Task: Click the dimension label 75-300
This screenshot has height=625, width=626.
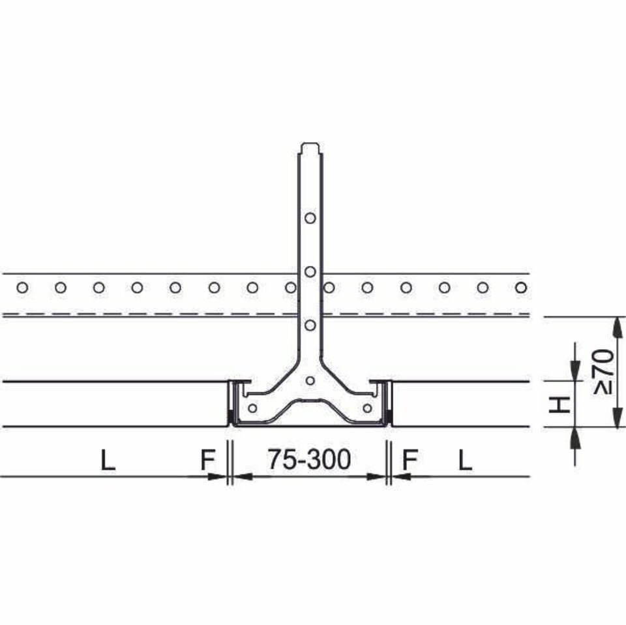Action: [309, 459]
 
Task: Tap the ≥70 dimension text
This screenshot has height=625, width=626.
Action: [603, 373]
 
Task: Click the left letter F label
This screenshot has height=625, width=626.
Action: [208, 460]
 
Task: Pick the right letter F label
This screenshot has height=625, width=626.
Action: [410, 460]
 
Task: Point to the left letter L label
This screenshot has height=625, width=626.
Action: [108, 460]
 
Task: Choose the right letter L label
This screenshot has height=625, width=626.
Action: [465, 460]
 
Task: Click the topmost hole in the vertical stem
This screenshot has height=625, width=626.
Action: [310, 218]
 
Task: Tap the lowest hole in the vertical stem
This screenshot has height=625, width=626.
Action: [310, 325]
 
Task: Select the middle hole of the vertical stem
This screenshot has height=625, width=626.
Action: [310, 272]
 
